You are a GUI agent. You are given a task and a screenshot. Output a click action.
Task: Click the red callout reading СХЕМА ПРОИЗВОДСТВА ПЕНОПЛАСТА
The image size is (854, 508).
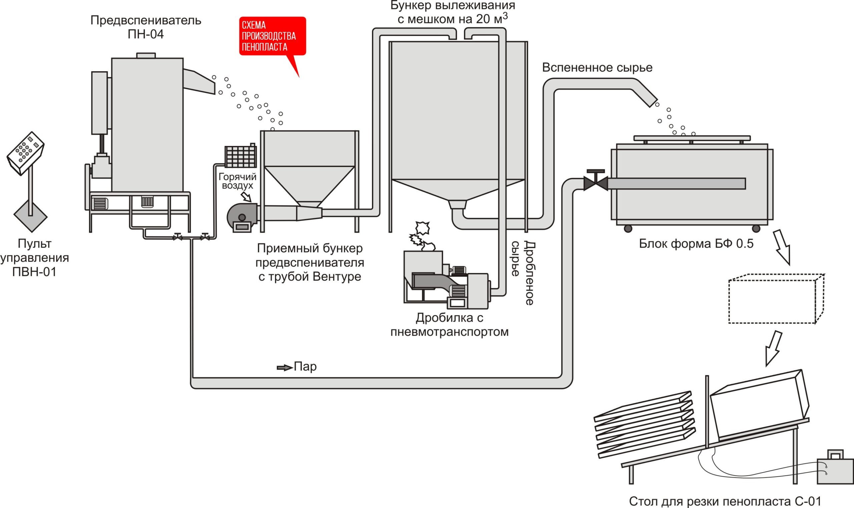pos(272,36)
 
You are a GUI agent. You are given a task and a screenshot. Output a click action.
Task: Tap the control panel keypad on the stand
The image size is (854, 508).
pos(26,153)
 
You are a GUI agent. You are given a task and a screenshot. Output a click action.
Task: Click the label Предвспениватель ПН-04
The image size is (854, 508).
pos(145,27)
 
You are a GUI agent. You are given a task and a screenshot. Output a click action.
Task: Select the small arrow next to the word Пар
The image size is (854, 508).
pos(284,368)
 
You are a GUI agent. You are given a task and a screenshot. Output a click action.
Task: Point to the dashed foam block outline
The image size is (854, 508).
pos(776,299)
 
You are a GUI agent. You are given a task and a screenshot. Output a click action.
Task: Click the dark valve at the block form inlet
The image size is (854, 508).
pos(596,183)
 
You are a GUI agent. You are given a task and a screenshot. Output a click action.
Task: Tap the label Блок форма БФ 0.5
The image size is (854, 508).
pos(696,243)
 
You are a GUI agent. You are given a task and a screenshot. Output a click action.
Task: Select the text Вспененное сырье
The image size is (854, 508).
pos(597,67)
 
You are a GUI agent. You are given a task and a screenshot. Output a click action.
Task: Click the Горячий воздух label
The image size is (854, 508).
pos(238,181)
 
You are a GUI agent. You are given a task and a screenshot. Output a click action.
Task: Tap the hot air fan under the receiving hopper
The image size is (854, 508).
pos(243,218)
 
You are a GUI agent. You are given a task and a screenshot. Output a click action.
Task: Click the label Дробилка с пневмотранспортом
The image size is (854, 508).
pos(449,325)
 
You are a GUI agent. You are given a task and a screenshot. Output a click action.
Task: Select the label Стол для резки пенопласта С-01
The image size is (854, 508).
pos(725,501)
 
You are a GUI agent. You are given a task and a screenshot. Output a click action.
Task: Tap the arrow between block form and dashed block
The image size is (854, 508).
pos(782,247)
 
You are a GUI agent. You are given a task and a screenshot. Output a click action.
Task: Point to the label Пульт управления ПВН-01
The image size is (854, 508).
pos(34,257)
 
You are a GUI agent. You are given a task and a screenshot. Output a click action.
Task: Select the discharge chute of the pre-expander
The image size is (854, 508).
pos(199,81)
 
